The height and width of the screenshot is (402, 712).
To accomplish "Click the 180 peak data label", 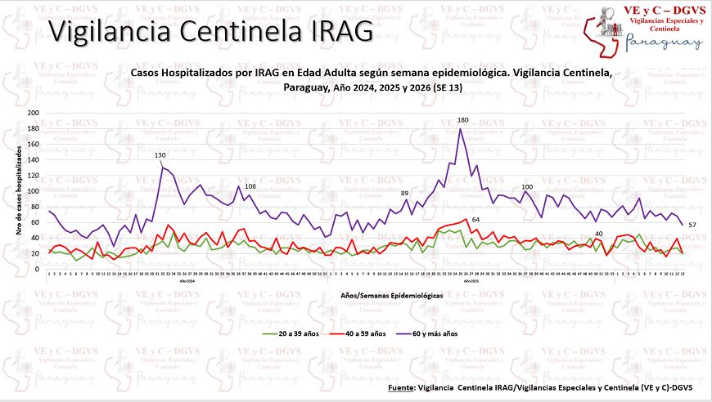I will click(462, 120).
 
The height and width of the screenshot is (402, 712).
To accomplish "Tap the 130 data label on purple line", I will click(160, 155).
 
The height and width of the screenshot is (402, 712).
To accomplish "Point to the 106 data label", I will click(250, 187).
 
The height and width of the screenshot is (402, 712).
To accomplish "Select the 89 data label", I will click(404, 193).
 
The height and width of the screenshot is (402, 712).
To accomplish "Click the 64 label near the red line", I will click(475, 219).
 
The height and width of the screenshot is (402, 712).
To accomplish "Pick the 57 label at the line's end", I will click(692, 225).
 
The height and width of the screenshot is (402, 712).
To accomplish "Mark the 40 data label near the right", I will click(598, 234).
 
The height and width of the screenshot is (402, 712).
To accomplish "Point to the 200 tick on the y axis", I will click(34, 113).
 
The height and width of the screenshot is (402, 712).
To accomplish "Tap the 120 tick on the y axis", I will click(34, 176).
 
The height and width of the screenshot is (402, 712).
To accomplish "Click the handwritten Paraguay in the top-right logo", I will click(665, 43).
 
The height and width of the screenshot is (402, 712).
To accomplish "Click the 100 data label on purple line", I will click(527, 187).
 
